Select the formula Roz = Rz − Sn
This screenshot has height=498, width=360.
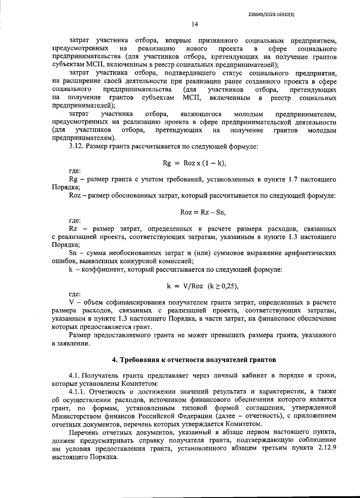click(203, 212)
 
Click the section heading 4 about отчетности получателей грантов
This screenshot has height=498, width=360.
click(194, 360)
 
